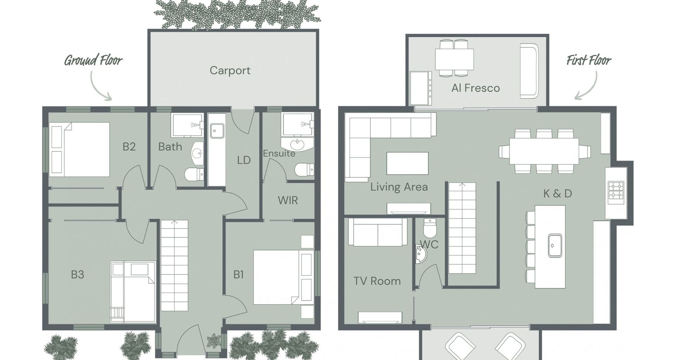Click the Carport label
[230, 71]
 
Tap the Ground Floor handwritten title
[93, 60]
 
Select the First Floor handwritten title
[589, 60]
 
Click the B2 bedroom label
[129, 146]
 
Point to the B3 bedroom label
[77, 274]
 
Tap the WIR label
[288, 200]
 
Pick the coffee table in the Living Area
[407, 163]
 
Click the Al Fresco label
[475, 88]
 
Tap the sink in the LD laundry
[217, 131]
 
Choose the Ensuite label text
[279, 153]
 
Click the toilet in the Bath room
[194, 173]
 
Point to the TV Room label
[377, 281]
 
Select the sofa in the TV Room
[378, 232]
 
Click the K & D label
[558, 193]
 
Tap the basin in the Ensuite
[297, 144]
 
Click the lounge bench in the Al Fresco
[529, 71]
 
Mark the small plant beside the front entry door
[213, 340]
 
